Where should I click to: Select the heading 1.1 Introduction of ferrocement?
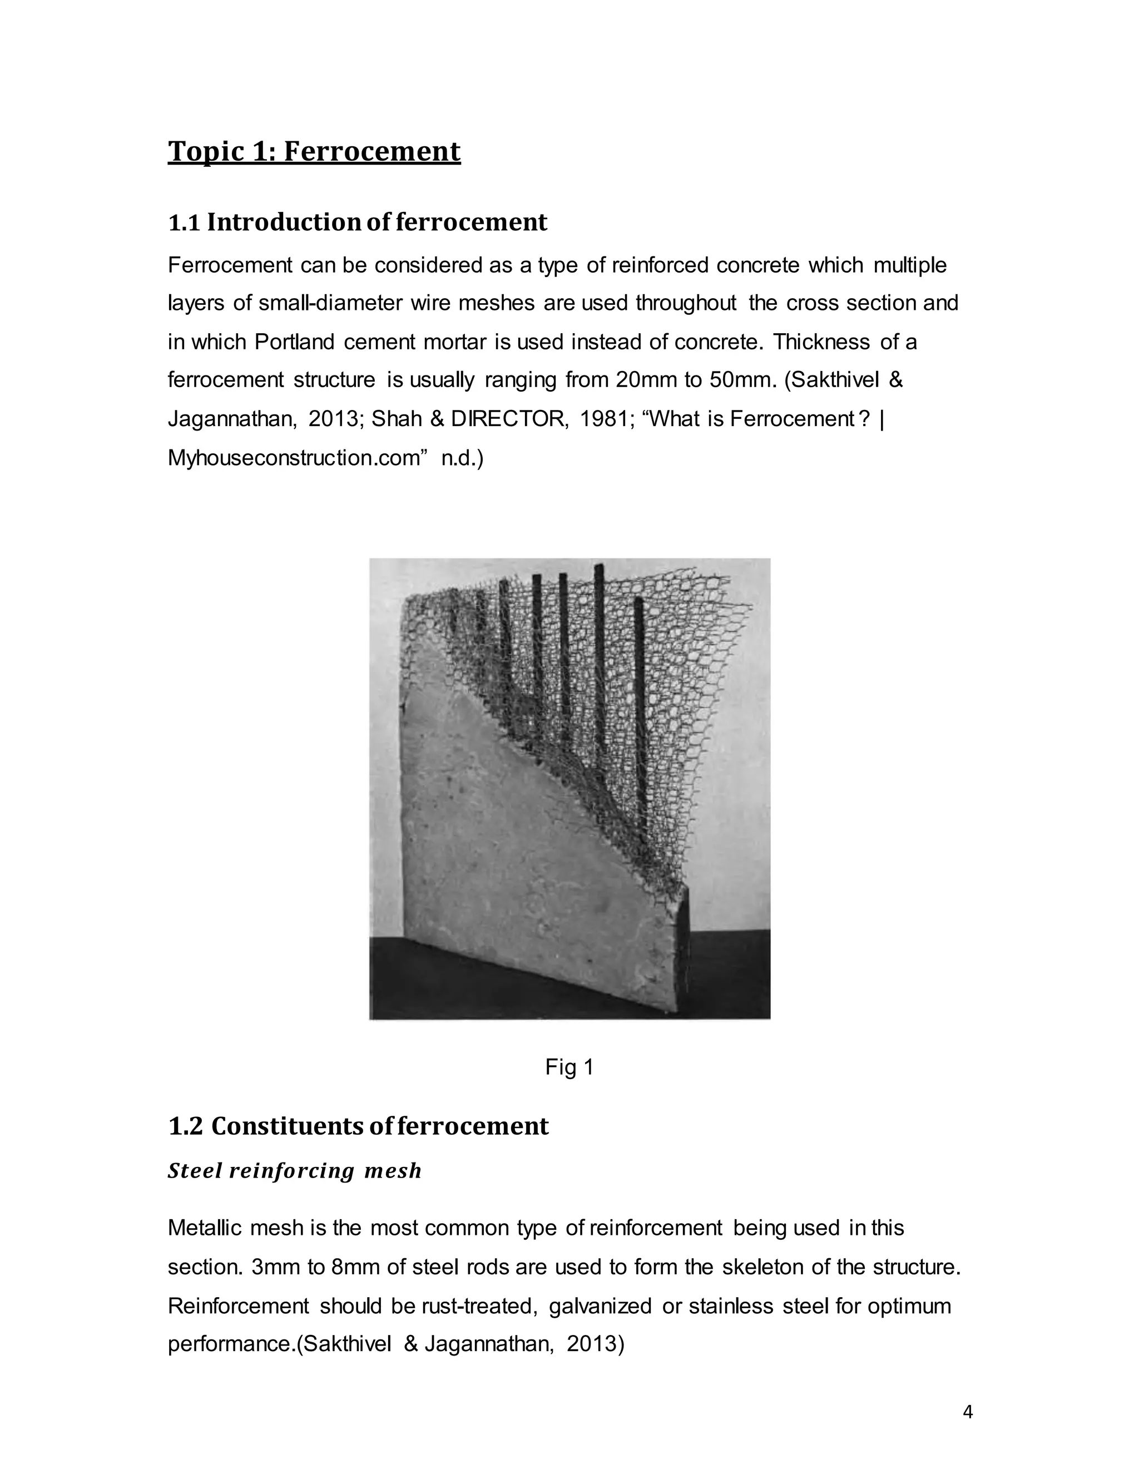pos(357,222)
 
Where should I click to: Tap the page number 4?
pos(968,1412)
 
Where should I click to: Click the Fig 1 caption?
pos(569,1067)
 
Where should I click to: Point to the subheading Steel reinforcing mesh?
pos(294,1170)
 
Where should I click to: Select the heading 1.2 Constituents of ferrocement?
pos(358,1126)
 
